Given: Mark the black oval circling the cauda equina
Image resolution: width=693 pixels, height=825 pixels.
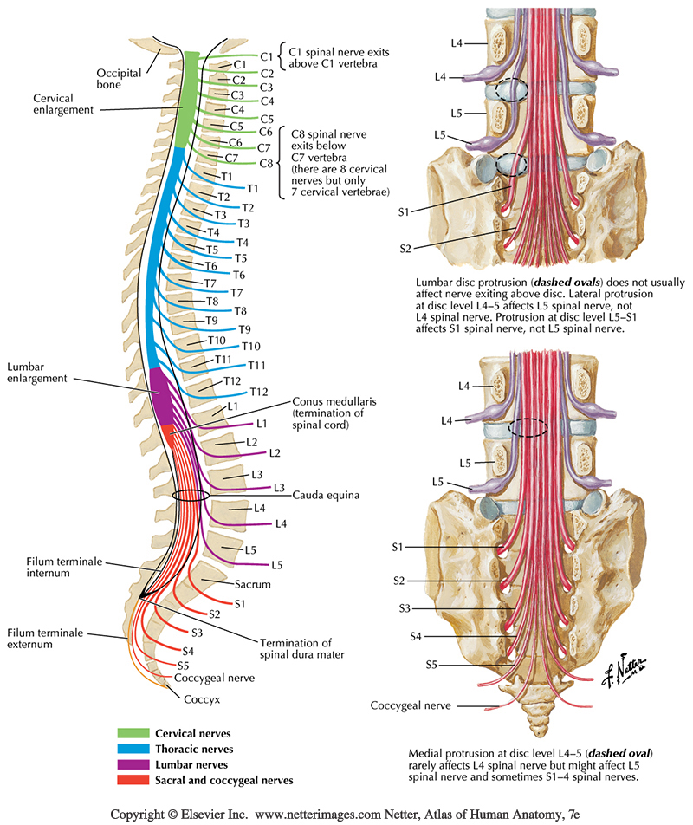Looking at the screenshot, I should pyautogui.click(x=191, y=496).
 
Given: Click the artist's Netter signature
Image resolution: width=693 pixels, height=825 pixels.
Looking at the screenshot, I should pyautogui.click(x=635, y=664).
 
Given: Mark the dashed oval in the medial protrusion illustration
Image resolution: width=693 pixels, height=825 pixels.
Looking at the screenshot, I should pyautogui.click(x=528, y=426).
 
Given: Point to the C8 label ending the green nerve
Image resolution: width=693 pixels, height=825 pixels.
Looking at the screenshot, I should pyautogui.click(x=266, y=163).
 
